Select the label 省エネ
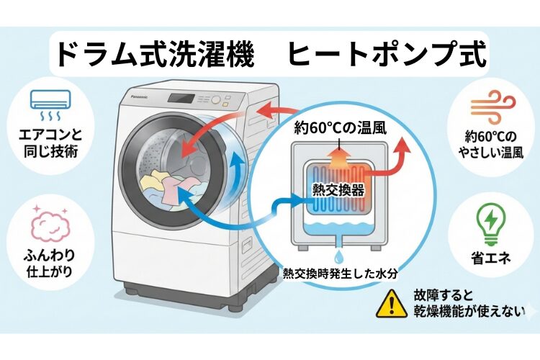(x=493, y=257)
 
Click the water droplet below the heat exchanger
(x=336, y=257)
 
